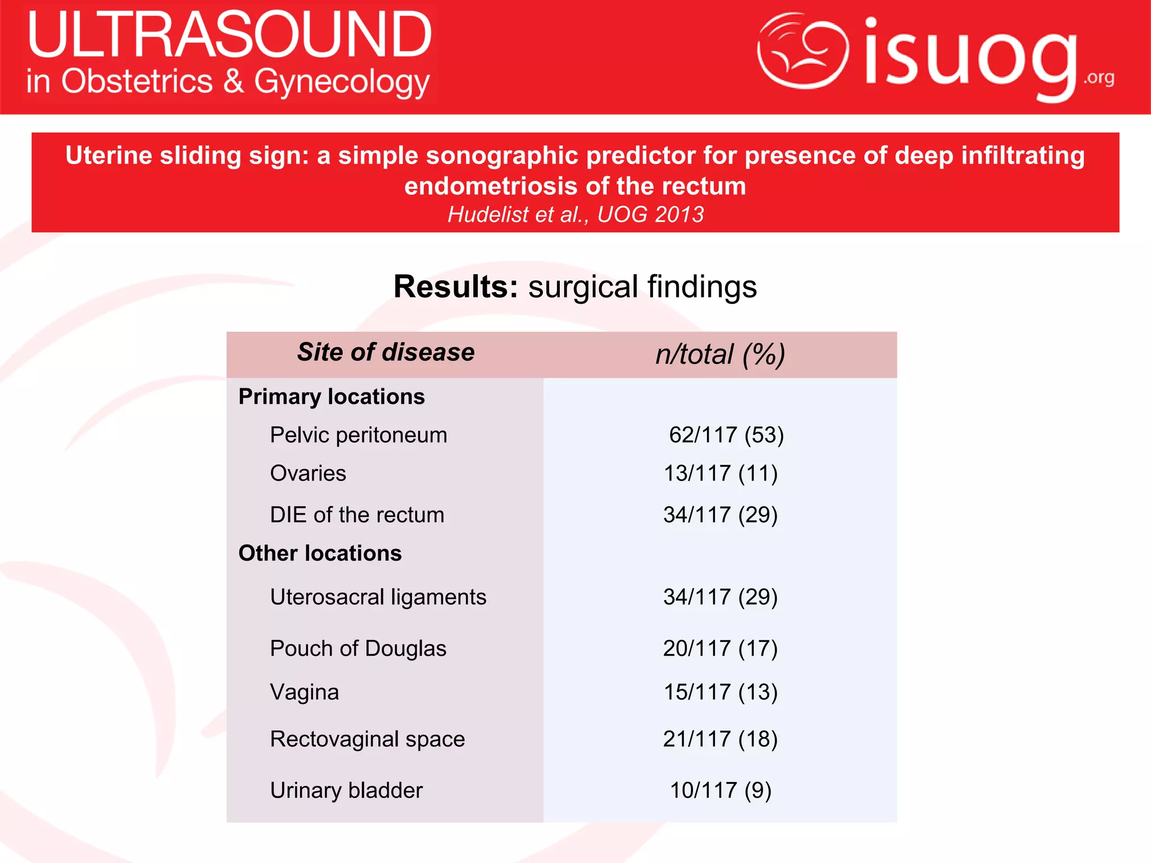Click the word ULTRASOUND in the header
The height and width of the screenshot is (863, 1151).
pos(229,35)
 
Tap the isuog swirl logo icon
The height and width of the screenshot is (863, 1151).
pos(803,51)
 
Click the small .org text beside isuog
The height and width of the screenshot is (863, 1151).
pos(1099,78)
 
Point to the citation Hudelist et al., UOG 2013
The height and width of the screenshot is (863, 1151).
pos(575,215)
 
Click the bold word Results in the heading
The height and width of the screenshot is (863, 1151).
pos(455,287)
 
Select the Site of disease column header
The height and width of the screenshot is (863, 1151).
pos(386,352)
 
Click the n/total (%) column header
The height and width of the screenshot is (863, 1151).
pos(720,355)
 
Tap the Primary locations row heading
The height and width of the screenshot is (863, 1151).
pos(332,397)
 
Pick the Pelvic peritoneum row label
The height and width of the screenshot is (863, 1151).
pos(359,435)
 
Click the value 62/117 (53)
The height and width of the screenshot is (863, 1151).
pos(726,435)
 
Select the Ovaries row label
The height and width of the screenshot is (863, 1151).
pos(308,473)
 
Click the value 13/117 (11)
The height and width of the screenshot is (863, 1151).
pos(720,473)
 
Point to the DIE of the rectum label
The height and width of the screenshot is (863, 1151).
pos(357,515)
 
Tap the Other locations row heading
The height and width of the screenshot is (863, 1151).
pos(320,553)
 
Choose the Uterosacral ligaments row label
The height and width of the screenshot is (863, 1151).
pos(378,597)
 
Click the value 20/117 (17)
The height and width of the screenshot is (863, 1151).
pos(720,648)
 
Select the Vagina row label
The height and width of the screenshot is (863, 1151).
pos(305,692)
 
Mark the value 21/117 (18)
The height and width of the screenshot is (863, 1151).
pos(720,739)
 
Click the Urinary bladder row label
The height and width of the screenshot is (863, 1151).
pos(346,791)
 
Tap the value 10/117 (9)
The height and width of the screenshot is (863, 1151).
pos(720,791)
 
